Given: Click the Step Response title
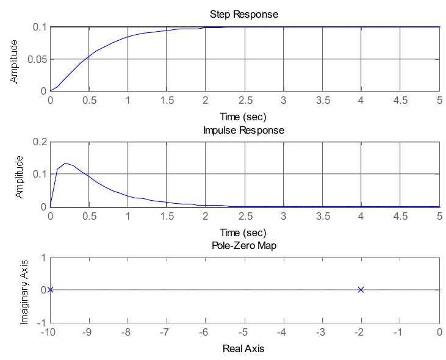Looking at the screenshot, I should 244,14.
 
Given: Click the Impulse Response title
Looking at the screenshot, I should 244,130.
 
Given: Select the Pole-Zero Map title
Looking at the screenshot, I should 244,246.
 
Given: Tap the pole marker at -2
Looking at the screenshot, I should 361,290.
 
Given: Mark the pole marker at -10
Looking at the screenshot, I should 50,290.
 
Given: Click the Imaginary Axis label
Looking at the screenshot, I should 25,290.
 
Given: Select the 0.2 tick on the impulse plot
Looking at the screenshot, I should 40,142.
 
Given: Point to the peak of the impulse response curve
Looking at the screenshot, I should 65,164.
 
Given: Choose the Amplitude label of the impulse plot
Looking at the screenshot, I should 19,175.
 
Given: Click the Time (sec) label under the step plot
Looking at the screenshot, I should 244,116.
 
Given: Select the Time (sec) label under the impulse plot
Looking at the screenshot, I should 244,232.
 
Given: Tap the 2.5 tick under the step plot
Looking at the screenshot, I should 244,100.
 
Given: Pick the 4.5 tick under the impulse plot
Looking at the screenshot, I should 400,216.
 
